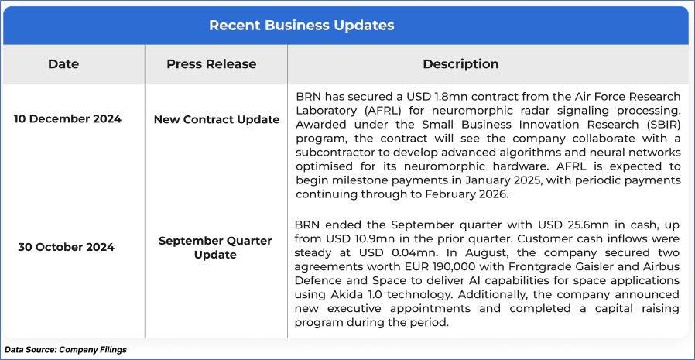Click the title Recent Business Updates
301,26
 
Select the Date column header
63,63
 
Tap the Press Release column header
211,63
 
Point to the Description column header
460,63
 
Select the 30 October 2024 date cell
67,248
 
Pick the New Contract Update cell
217,120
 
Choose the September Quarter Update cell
215,248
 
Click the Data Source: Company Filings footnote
66,350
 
